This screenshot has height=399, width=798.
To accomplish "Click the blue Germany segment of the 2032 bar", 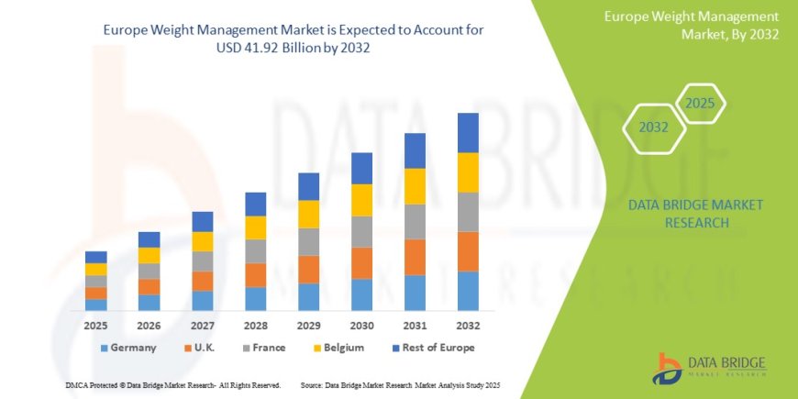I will click(x=468, y=291).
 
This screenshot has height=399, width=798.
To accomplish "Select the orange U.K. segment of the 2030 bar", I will click(x=361, y=263).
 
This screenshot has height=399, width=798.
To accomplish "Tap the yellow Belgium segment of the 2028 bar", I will click(x=255, y=227).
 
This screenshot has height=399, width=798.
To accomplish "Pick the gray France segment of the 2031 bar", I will click(x=415, y=222).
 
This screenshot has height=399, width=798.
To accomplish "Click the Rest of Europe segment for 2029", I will click(x=308, y=186).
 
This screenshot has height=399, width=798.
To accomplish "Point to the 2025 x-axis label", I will click(x=95, y=326).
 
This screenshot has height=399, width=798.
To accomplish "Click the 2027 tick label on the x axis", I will click(x=202, y=326).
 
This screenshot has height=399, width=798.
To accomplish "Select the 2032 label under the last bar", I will click(x=468, y=326).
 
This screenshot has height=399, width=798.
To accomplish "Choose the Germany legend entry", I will click(x=128, y=348).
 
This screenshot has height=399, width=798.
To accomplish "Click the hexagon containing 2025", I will click(x=700, y=103).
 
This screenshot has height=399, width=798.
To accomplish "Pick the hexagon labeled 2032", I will click(x=654, y=127).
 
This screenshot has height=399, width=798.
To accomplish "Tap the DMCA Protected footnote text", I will click(x=173, y=385).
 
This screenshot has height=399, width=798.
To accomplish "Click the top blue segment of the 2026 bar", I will click(x=149, y=239).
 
